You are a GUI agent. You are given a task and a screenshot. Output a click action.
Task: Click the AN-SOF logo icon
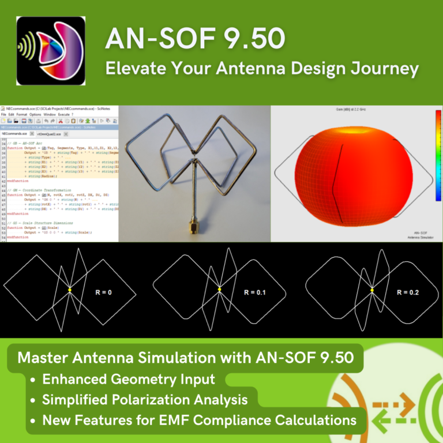point(51,51)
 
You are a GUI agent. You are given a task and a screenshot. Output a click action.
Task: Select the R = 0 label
point(103,293)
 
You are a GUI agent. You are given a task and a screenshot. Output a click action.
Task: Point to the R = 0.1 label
point(254,293)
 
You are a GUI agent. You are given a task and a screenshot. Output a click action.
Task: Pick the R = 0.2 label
point(408,293)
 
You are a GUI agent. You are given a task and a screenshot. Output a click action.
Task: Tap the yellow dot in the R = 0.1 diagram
point(219,289)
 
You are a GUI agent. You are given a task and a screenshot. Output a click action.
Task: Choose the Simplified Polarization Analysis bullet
point(145,399)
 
